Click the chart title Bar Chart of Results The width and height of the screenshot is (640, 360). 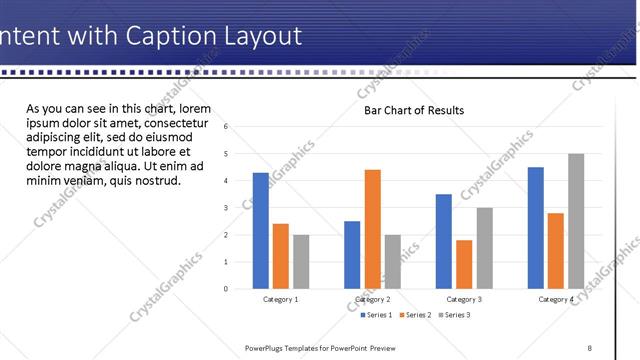click(x=413, y=110)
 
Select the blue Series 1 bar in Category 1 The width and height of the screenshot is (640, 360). click(x=261, y=231)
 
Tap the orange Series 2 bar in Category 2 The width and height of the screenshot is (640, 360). click(x=372, y=229)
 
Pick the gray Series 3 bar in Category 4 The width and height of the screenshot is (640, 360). click(x=575, y=221)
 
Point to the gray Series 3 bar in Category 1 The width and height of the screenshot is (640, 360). click(x=301, y=261)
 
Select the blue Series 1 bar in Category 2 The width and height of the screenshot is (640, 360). click(x=352, y=254)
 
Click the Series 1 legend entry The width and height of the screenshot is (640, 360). click(x=376, y=315)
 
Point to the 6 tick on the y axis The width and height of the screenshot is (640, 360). click(x=227, y=127)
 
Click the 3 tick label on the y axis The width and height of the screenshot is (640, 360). click(x=227, y=208)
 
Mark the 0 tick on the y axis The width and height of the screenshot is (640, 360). click(x=227, y=289)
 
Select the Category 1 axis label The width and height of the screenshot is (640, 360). click(x=280, y=299)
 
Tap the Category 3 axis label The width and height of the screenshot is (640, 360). click(x=463, y=299)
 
